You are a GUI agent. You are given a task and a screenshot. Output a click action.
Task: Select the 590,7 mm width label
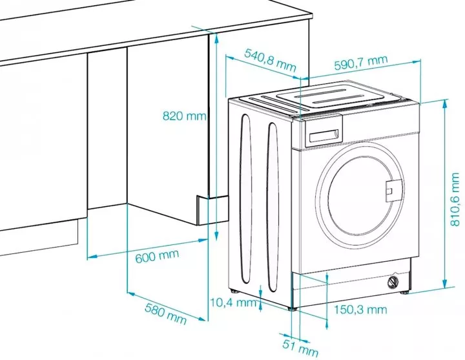point(361,63)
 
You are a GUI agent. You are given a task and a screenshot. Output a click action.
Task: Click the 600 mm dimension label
point(157,256)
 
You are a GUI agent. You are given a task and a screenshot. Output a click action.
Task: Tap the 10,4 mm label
point(234,301)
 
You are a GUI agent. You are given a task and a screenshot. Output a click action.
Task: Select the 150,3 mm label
point(360,310)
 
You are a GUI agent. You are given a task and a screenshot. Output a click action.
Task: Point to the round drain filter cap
point(392,282)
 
